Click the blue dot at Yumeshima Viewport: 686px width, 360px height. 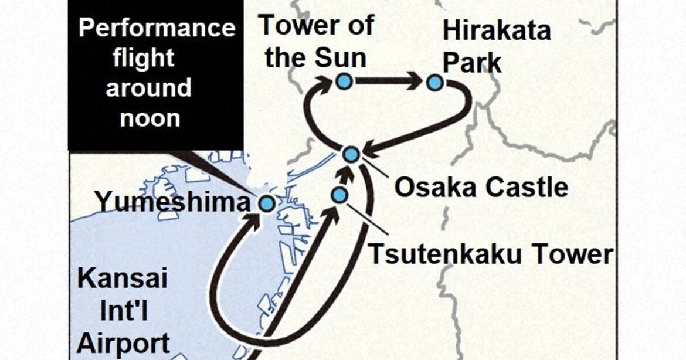tap(267, 203)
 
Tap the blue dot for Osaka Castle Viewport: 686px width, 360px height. tap(351, 154)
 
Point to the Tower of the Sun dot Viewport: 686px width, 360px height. tap(344, 82)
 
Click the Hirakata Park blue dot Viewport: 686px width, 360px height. tap(434, 83)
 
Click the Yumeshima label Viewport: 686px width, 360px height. tap(173, 203)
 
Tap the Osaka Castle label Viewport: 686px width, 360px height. tap(481, 188)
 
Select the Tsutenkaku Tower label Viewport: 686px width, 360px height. tap(490, 255)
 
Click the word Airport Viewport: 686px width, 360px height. tap(124, 342)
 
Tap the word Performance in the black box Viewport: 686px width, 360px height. tap(157, 28)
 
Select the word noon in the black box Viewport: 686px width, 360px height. tap(150, 118)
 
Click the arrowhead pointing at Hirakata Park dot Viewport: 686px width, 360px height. tap(416, 81)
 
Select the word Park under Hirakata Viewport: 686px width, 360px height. tap(472, 62)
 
